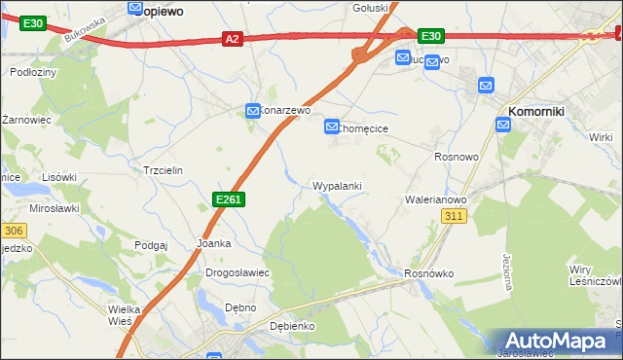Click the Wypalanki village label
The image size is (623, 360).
click(338, 185)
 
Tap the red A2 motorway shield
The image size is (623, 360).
click(232, 39)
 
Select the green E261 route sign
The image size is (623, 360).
click(227, 199)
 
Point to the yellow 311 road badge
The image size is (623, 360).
click(453, 216)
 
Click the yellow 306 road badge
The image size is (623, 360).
click(12, 231)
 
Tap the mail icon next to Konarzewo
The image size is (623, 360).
click(252, 111)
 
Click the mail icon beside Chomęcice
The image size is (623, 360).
click(332, 126)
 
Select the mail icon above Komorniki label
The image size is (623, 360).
click(487, 86)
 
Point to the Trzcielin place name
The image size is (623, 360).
click(163, 169)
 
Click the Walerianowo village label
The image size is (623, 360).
click(436, 199)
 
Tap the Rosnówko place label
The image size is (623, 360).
click(429, 273)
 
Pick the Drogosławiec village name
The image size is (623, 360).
click(237, 272)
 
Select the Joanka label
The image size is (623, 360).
click(213, 243)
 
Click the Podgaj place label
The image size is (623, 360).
click(152, 245)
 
